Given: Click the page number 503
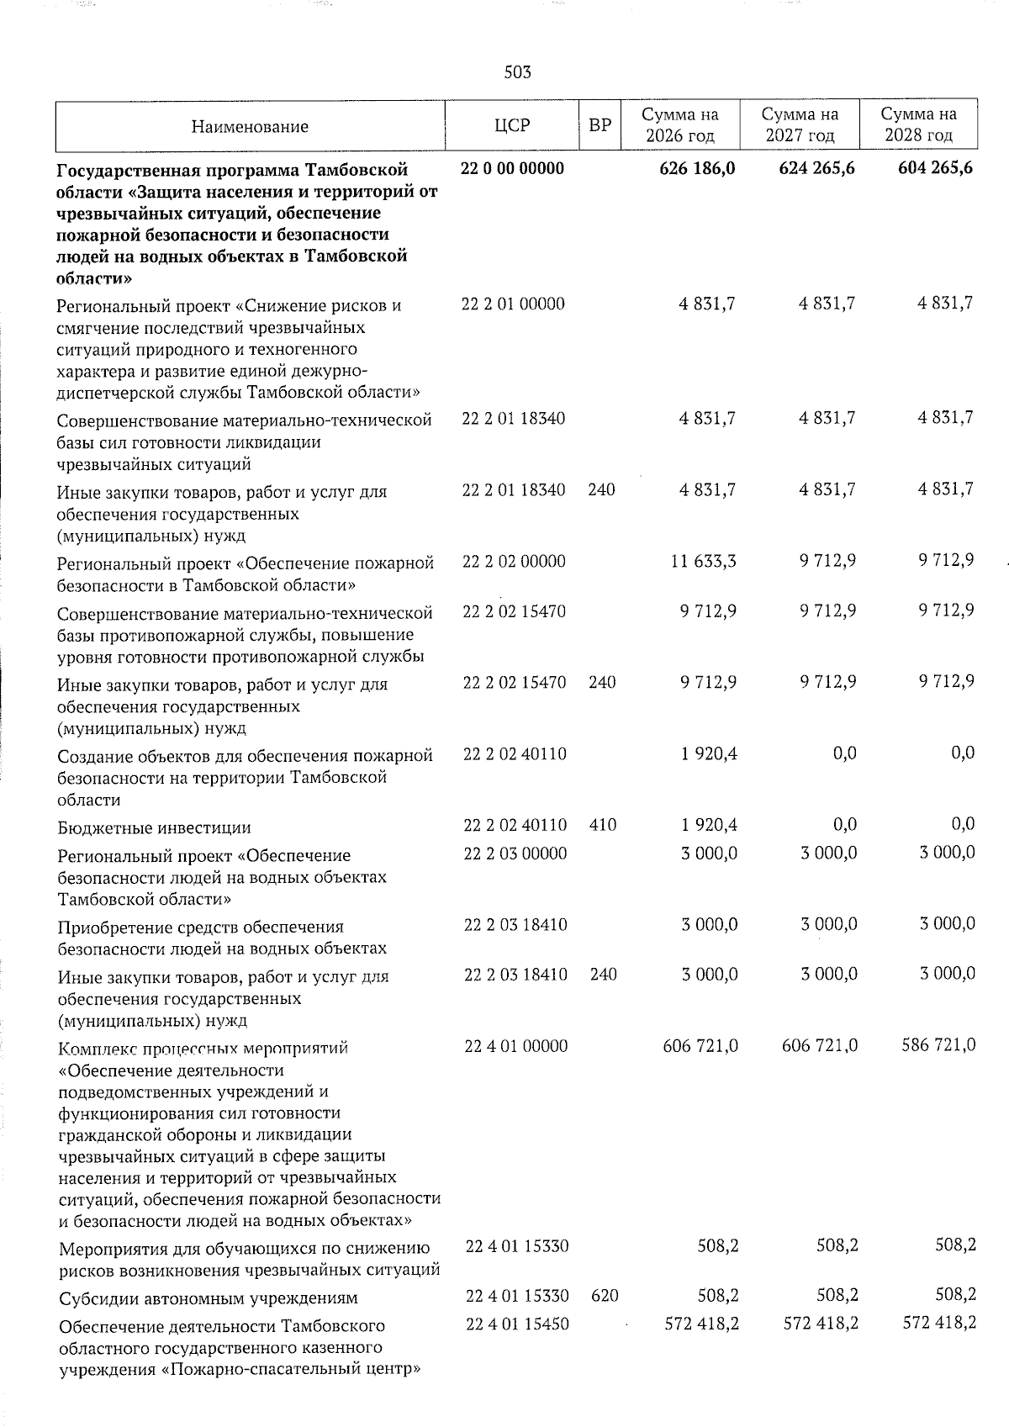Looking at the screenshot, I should (517, 72).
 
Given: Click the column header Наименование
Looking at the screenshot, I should (250, 127).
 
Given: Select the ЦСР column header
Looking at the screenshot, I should (512, 126).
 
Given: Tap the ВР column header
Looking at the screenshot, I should (600, 126).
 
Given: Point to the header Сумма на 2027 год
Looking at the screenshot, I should (800, 124).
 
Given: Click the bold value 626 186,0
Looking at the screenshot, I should (697, 168).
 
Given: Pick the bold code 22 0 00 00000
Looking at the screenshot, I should (512, 168).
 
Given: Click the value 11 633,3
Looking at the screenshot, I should (704, 560).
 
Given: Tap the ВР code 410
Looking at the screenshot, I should (602, 825).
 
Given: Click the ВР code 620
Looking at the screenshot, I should (605, 1296).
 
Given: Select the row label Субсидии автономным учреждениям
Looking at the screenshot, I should (208, 1298).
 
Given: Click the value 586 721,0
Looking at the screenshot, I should (937, 1045).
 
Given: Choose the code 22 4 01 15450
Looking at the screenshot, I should (516, 1324).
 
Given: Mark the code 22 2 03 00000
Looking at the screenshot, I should (515, 853).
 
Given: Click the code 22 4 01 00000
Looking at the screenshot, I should (515, 1045).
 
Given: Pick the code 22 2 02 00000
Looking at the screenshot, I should (514, 561).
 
